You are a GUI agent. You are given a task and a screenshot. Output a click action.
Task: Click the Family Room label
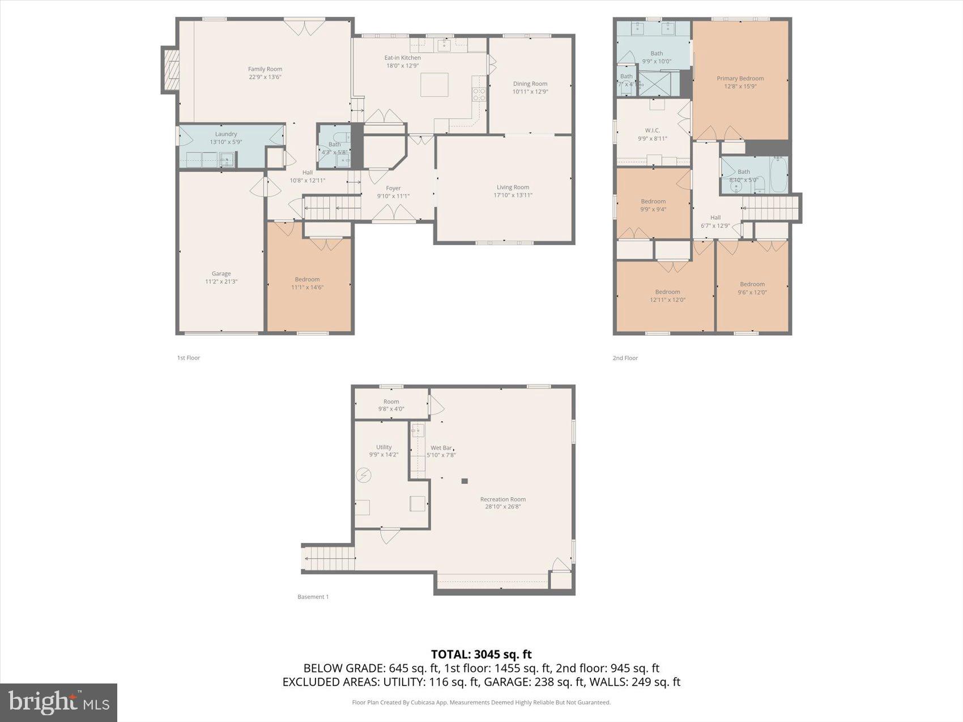(x=265, y=69)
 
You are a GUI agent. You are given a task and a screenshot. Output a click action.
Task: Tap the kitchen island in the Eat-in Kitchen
(x=434, y=85)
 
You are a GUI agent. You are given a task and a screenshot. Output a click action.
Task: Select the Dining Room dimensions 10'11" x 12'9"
(x=530, y=92)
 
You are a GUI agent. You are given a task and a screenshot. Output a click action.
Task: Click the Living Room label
(x=513, y=187)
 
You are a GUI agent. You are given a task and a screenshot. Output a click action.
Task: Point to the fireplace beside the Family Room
(x=170, y=70)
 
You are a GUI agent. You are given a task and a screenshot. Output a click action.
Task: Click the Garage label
(x=221, y=274)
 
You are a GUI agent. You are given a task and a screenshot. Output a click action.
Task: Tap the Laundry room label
(x=225, y=134)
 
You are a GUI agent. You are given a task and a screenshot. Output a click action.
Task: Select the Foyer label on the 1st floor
(x=393, y=189)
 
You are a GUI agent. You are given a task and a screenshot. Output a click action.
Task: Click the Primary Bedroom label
(x=740, y=79)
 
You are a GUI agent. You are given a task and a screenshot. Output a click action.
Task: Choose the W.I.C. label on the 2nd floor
(x=652, y=130)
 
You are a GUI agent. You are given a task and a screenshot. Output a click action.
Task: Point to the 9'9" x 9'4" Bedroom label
(x=653, y=202)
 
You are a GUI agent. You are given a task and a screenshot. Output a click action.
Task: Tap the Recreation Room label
(x=502, y=499)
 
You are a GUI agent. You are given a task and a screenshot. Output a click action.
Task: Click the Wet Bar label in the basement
(x=441, y=448)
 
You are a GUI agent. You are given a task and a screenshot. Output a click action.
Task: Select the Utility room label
(x=384, y=447)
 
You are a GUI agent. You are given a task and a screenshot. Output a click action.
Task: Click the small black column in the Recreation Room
(x=465, y=481)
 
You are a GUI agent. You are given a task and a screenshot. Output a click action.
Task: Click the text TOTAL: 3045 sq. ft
(x=481, y=655)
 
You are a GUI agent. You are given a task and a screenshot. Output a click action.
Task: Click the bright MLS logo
(x=59, y=703)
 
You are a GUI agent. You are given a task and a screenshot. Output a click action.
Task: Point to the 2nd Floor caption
(x=625, y=358)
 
